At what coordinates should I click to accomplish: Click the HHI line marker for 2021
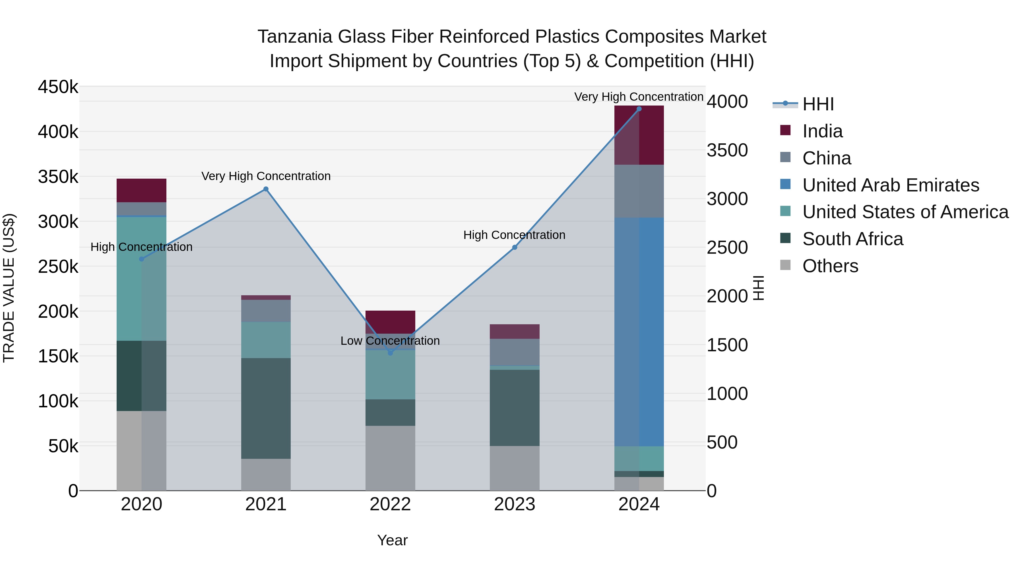tap(266, 189)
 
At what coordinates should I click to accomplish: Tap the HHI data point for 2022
tap(390, 353)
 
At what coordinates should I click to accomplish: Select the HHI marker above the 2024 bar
tap(639, 109)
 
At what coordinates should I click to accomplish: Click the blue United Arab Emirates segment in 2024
tap(639, 332)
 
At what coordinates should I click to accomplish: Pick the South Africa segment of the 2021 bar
tap(266, 408)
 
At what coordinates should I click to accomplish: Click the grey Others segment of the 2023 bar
tap(514, 468)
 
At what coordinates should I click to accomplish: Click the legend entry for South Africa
tap(853, 239)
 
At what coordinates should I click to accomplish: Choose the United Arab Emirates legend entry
tap(890, 185)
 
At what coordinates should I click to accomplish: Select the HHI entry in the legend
tap(818, 104)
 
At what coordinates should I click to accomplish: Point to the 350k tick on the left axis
tap(58, 177)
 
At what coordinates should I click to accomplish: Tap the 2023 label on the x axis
tap(514, 504)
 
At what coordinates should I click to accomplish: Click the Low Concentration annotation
tap(390, 341)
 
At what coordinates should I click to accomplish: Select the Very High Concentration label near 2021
tap(266, 176)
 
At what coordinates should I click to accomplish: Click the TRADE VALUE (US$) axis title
tap(9, 288)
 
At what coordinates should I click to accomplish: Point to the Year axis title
tap(392, 540)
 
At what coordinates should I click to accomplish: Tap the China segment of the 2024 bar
tap(639, 191)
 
